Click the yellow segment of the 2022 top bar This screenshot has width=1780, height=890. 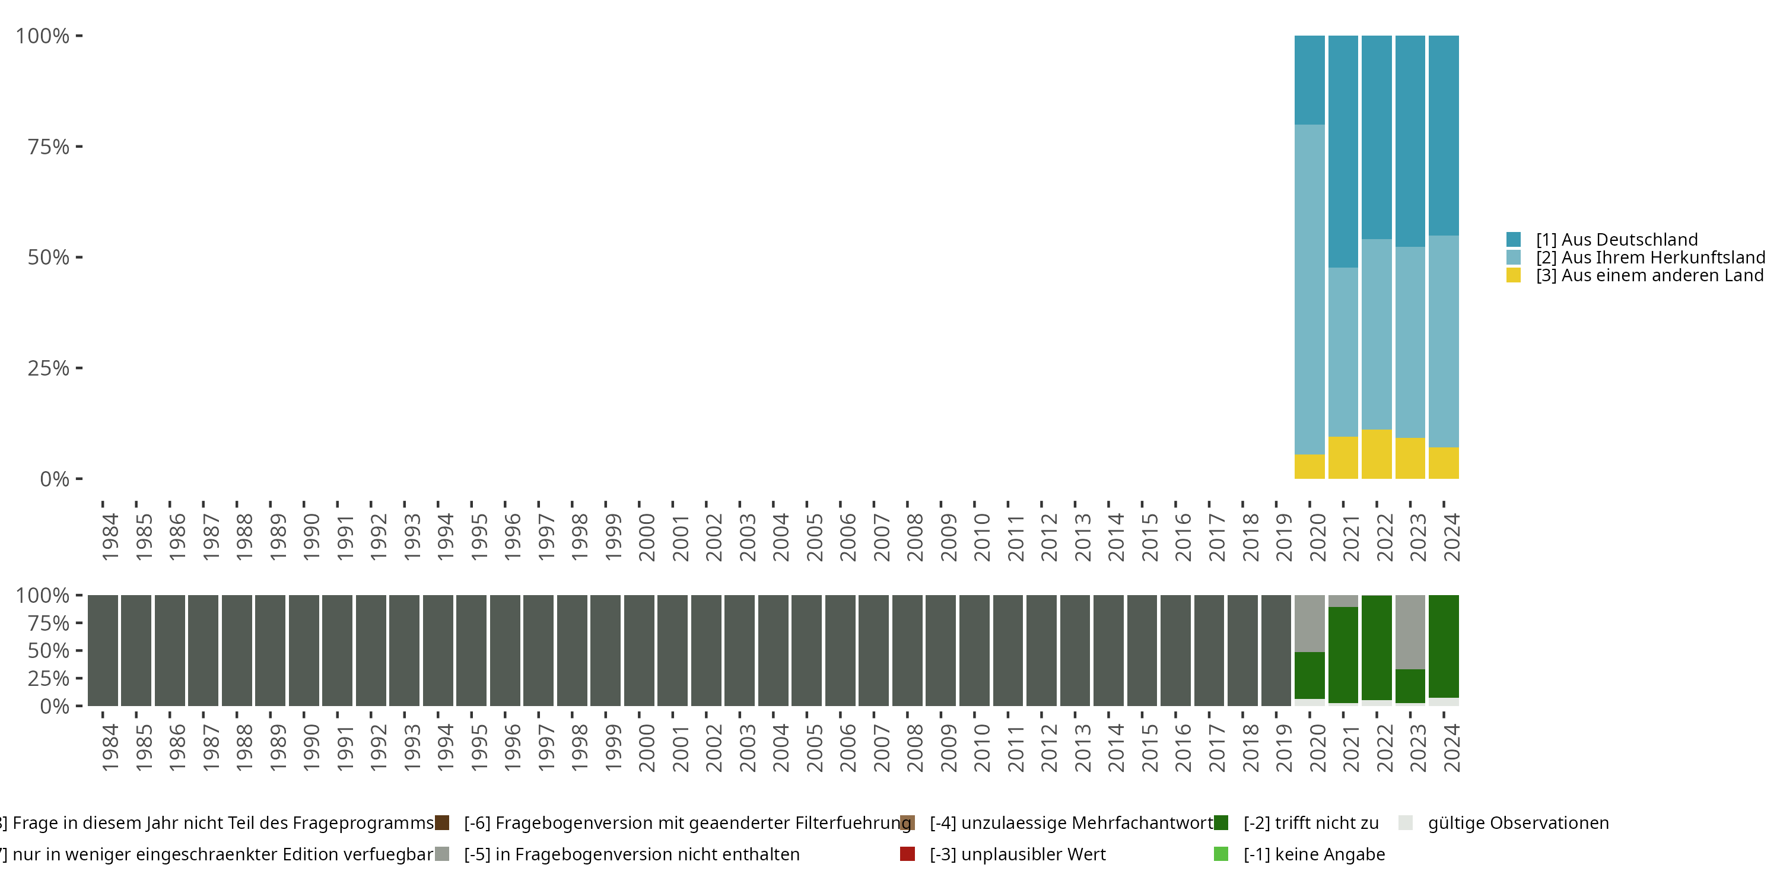click(1377, 454)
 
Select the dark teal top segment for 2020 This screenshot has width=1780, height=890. click(1309, 80)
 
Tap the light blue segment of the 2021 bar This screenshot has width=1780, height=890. click(1343, 352)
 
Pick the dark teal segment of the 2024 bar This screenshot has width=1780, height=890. click(1444, 135)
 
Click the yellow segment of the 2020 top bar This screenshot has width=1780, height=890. click(1309, 466)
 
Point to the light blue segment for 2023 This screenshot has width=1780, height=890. click(1410, 342)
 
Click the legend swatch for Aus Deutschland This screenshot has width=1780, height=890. click(1513, 240)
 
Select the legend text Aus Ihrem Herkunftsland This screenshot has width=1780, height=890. click(1650, 258)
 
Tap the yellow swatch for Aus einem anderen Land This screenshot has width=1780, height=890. click(1513, 276)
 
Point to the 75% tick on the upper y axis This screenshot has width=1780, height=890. click(79, 147)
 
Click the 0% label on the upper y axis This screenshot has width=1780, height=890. click(55, 479)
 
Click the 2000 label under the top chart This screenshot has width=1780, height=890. click(647, 538)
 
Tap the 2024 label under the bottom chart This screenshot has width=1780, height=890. click(1452, 748)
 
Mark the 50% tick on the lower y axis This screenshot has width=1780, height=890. click(79, 650)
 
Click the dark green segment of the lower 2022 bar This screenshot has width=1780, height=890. click(1377, 647)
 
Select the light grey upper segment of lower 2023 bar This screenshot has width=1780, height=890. click(1410, 631)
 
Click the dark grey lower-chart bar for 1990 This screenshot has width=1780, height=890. click(304, 650)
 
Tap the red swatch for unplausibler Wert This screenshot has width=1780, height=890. click(907, 854)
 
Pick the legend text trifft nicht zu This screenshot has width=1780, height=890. click(1311, 823)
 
